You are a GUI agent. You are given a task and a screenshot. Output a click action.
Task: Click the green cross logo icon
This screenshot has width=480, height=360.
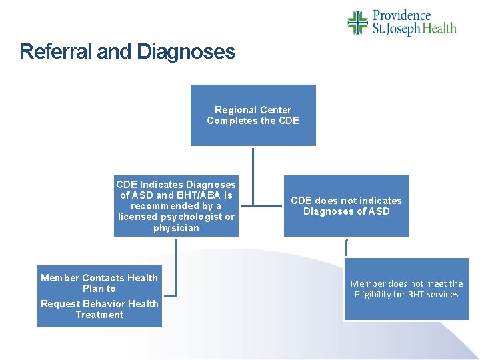coord(357,23)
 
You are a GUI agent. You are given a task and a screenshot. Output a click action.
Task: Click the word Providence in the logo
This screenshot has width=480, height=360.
coord(402,15)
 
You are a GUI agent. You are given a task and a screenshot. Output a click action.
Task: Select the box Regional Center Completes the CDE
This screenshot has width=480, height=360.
coord(253,115)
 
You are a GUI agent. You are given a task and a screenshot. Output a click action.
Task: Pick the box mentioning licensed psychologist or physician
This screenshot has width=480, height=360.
coord(176,206)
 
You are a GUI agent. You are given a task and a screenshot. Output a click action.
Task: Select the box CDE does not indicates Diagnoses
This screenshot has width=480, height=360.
coord(347,206)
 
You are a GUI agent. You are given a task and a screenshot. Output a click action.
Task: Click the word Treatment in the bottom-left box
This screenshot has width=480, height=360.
coord(99,315)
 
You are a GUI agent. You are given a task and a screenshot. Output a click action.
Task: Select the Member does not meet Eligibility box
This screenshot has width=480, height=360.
coord(407,289)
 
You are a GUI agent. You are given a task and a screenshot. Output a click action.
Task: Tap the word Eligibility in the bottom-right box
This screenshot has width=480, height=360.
coord(377,295)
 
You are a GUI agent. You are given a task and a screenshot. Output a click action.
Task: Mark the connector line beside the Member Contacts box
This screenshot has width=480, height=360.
coord(176,267)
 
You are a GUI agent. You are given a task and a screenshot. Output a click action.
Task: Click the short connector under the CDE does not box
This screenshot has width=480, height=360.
coord(346,247)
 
